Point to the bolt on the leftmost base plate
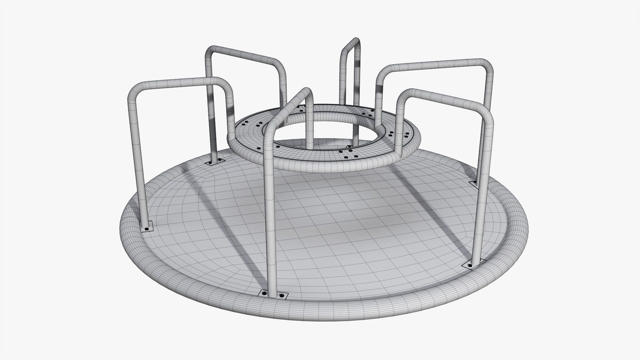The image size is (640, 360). pos(146,229)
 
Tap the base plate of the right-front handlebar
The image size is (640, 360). pos(470,264)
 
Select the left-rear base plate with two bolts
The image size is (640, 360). pos(215,162)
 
